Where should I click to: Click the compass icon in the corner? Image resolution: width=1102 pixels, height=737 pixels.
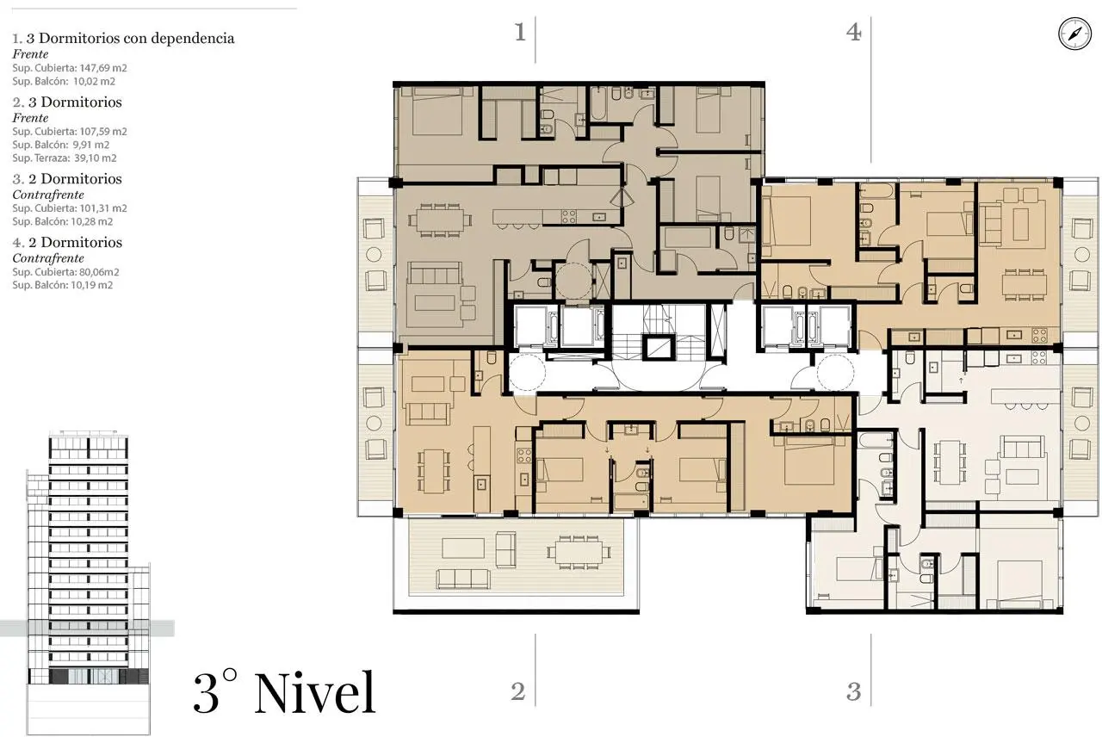pos(1074,34)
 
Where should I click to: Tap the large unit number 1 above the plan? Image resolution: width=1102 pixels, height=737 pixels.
pos(520,32)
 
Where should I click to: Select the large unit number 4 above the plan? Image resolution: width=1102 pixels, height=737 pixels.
pos(853,32)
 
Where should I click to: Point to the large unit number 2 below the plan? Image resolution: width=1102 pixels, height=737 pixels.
pos(518,691)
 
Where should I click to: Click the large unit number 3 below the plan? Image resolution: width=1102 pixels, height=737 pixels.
pos(853,691)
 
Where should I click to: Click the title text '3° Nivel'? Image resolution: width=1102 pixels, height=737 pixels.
pos(284,693)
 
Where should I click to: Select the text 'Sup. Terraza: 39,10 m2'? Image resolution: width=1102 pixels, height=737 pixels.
pos(65,158)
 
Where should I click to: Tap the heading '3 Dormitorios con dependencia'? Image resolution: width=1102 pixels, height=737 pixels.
pos(130,38)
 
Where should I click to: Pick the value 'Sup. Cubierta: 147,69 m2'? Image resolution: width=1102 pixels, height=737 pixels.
pos(70,68)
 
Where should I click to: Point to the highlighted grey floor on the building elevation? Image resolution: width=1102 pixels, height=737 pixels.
pos(87,629)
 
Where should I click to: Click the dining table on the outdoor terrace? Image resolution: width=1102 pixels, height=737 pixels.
pos(579,552)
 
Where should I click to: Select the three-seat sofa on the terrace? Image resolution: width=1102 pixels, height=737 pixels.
pos(462,579)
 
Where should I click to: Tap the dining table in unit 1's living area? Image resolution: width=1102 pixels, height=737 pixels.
pos(439,220)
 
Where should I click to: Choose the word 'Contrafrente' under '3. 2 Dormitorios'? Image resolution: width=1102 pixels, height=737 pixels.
pos(48,195)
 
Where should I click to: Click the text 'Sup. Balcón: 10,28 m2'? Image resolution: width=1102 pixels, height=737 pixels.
pos(63,221)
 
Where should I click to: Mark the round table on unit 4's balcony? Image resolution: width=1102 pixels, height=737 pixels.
pos(1082,254)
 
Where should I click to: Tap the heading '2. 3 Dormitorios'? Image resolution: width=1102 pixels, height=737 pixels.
pos(67,102)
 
